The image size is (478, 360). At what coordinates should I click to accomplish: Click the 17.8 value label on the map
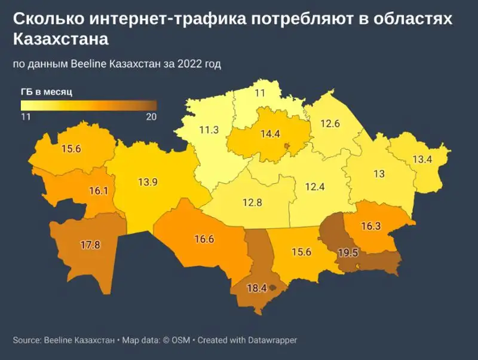tap(90, 244)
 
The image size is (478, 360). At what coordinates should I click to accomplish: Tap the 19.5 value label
tap(347, 253)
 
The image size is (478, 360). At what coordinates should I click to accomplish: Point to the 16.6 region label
tap(204, 239)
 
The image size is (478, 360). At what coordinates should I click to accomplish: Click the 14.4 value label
tap(270, 134)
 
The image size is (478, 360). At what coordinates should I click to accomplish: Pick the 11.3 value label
tap(209, 130)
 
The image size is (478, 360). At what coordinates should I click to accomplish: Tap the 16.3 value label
tap(370, 227)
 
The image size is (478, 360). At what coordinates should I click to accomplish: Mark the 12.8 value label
tap(252, 203)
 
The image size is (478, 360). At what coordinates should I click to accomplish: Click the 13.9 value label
tap(147, 182)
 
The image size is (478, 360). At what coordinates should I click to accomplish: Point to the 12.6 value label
tap(329, 124)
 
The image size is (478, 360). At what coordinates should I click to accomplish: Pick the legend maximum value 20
tap(151, 117)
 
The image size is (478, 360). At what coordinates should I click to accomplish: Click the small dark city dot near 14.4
tap(287, 145)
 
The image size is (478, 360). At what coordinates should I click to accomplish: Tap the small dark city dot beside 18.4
tap(274, 288)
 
